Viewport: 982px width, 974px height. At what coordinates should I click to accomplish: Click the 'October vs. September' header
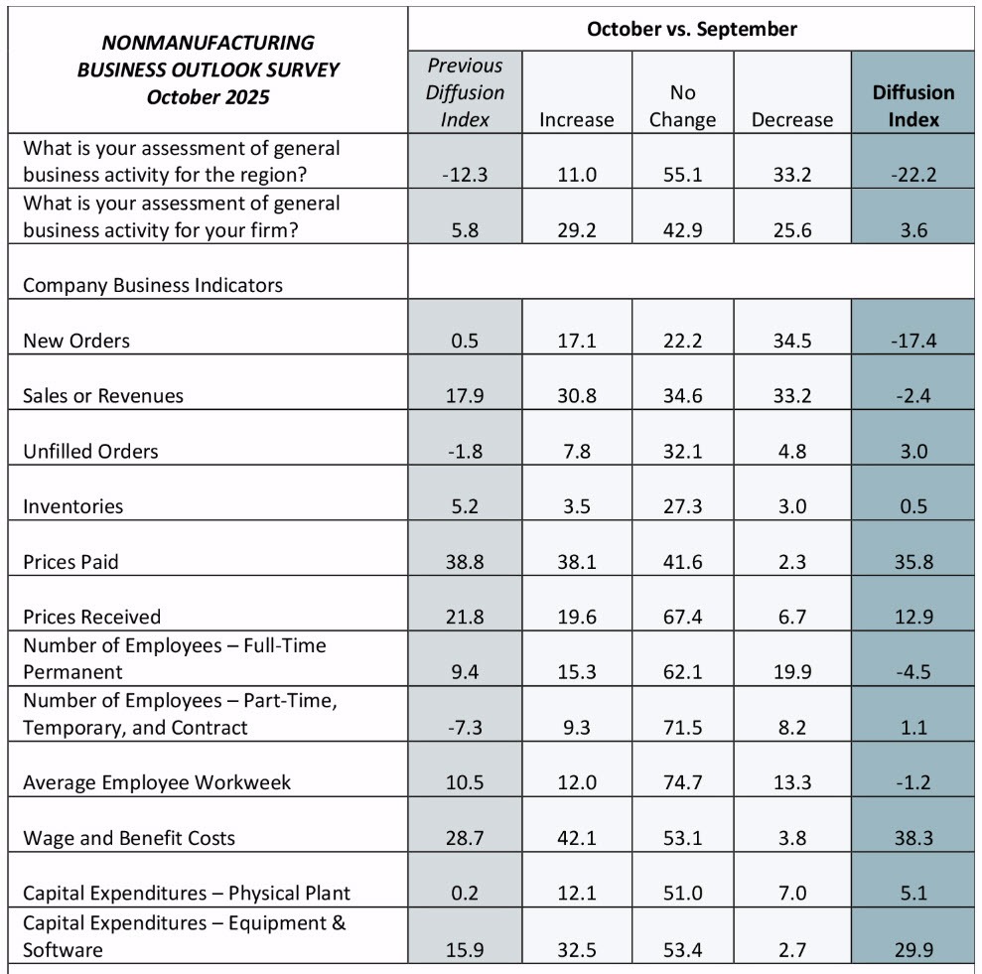(691, 29)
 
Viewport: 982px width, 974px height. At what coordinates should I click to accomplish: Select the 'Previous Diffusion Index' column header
(465, 92)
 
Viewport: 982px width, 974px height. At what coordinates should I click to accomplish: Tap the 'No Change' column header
(682, 106)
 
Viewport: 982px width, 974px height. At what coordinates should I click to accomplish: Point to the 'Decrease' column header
(791, 120)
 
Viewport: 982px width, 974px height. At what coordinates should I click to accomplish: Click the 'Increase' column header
(576, 120)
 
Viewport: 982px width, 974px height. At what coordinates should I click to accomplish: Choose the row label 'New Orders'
(76, 341)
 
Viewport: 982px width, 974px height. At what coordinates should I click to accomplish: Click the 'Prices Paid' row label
(70, 562)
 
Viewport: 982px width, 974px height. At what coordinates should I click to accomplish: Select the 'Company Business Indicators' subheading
(152, 286)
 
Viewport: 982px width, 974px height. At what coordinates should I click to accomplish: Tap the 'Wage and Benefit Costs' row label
(129, 838)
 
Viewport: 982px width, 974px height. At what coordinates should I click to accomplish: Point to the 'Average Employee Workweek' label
(157, 782)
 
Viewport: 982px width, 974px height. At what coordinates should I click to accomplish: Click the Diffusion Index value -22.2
(912, 176)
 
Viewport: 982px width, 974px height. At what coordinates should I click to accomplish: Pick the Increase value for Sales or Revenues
(576, 396)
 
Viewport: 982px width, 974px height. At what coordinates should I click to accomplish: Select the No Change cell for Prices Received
(682, 618)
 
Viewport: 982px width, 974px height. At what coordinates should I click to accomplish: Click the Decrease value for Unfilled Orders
(791, 452)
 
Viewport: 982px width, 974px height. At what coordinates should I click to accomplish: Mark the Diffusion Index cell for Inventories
(912, 506)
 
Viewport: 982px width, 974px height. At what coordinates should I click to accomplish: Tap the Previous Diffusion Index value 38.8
(464, 562)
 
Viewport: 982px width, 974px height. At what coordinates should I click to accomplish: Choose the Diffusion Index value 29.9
(912, 950)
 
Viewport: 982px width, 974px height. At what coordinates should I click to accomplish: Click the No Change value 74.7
(682, 782)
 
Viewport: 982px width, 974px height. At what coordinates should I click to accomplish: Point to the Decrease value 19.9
(791, 672)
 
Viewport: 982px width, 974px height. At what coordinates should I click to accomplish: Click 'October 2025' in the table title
(208, 97)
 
